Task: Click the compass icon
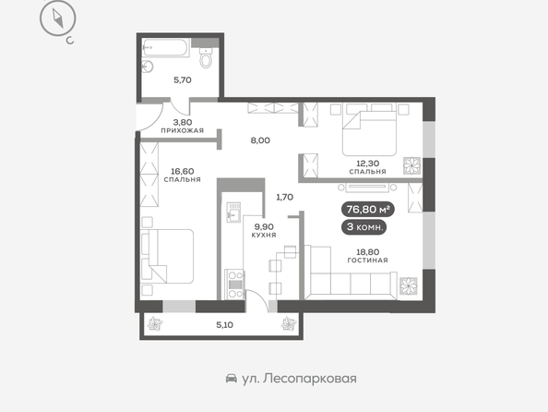point(58,18)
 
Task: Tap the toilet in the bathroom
point(206,57)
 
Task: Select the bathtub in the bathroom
point(166,47)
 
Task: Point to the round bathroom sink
point(148,67)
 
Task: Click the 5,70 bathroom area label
point(183,80)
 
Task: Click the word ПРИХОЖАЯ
point(182,130)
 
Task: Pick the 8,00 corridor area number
point(260,140)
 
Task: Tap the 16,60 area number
point(183,171)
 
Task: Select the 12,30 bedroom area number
point(368,164)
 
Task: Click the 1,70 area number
point(285,197)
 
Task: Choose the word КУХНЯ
point(264,235)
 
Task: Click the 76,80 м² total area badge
point(368,210)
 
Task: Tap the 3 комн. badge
point(363,227)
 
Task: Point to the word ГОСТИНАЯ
point(368,261)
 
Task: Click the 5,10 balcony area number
point(225,325)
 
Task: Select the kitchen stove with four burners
point(234,284)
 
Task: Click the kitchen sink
point(233,212)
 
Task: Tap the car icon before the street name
point(232,379)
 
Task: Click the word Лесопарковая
point(310,379)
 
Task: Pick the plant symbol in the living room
point(408,286)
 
